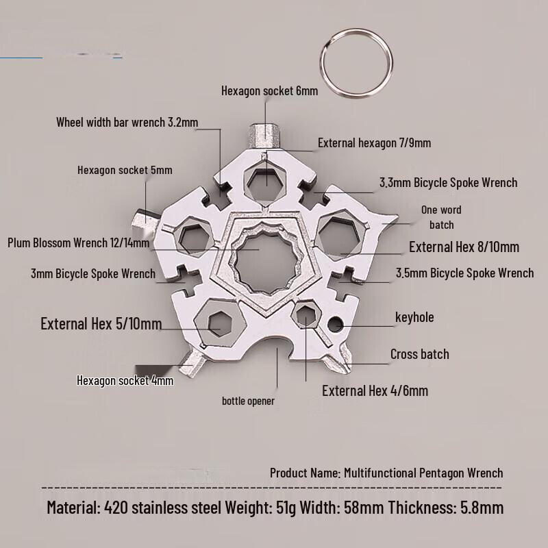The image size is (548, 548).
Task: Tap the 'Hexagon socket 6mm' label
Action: (x=269, y=91)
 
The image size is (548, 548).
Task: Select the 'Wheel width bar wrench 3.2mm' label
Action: (x=127, y=122)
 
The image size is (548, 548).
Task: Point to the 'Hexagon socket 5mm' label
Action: (x=125, y=170)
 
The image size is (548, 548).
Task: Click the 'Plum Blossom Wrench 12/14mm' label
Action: (x=79, y=242)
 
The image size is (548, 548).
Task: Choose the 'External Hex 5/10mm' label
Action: (x=101, y=323)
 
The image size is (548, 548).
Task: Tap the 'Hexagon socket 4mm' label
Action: (x=125, y=380)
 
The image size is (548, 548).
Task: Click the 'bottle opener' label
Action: (x=248, y=401)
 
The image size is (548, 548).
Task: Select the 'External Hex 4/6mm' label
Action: (x=375, y=390)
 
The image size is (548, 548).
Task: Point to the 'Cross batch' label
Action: (x=420, y=354)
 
